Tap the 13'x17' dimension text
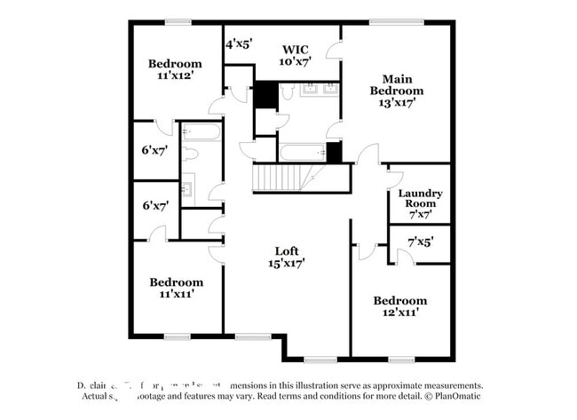(x=397, y=103)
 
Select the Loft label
(x=286, y=250)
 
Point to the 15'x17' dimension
(x=286, y=264)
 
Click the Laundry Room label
(x=420, y=198)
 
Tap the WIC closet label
(x=295, y=50)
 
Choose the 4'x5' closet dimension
(x=239, y=43)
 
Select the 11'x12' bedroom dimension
(x=175, y=76)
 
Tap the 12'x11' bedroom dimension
(x=399, y=313)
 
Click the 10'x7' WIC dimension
(x=295, y=62)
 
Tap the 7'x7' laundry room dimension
(x=420, y=215)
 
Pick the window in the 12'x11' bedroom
(x=400, y=360)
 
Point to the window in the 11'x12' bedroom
(x=178, y=22)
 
